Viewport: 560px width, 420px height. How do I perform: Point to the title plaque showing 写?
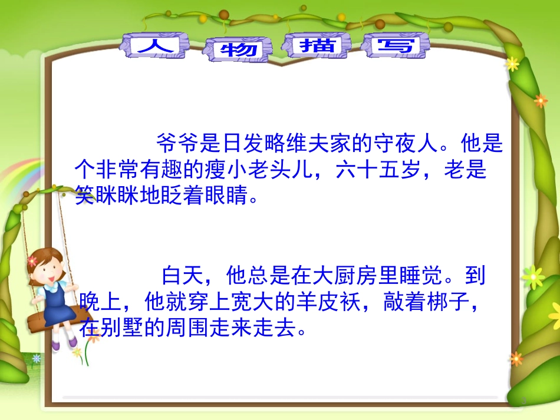[x=396, y=45]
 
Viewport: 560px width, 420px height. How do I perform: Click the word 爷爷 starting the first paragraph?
[x=175, y=143]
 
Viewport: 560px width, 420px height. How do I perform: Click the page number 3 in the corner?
[x=522, y=401]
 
